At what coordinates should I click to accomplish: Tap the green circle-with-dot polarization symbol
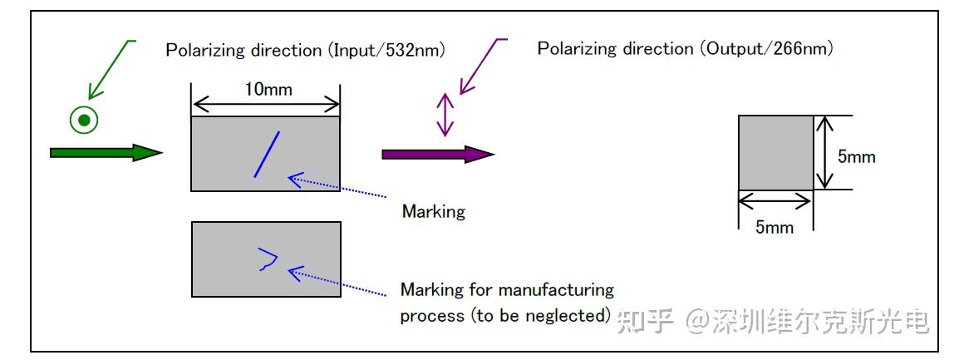83,121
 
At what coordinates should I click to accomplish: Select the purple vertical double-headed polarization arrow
446,115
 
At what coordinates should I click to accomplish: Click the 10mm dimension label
268,89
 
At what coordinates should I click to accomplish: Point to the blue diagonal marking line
267,154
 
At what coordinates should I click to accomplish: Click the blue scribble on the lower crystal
267,259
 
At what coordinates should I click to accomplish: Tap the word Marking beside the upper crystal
433,211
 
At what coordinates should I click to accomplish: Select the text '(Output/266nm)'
763,48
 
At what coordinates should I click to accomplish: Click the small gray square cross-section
775,153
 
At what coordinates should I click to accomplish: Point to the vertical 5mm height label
856,155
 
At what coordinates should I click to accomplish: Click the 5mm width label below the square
774,227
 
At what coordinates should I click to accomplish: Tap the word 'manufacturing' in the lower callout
557,290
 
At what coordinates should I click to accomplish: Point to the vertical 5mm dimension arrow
823,153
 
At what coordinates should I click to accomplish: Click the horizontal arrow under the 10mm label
266,104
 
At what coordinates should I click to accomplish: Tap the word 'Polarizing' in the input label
202,50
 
